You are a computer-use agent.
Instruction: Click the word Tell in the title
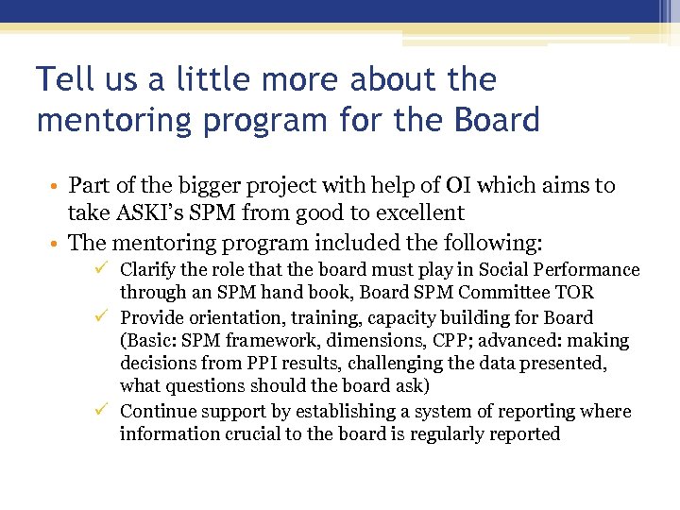tap(64, 79)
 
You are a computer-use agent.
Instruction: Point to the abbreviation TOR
tap(575, 293)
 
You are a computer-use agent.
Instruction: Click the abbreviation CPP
tap(415, 340)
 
